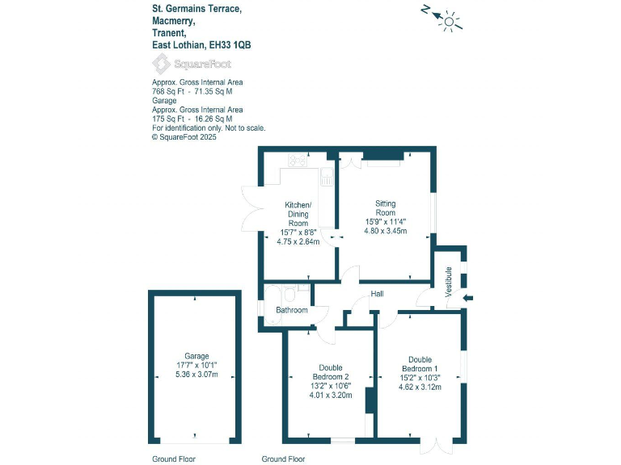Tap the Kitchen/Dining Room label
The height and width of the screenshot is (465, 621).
(x=298, y=214)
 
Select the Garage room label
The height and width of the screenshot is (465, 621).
(x=196, y=356)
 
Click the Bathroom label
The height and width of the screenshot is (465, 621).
(x=292, y=310)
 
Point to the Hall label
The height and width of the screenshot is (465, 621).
(x=377, y=294)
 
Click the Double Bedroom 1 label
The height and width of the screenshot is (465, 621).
(x=420, y=364)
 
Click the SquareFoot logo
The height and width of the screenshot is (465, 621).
(x=182, y=64)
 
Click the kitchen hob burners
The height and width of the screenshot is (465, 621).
(x=298, y=159)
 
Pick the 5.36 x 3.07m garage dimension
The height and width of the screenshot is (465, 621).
(x=196, y=375)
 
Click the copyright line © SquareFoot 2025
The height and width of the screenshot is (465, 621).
(x=184, y=137)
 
